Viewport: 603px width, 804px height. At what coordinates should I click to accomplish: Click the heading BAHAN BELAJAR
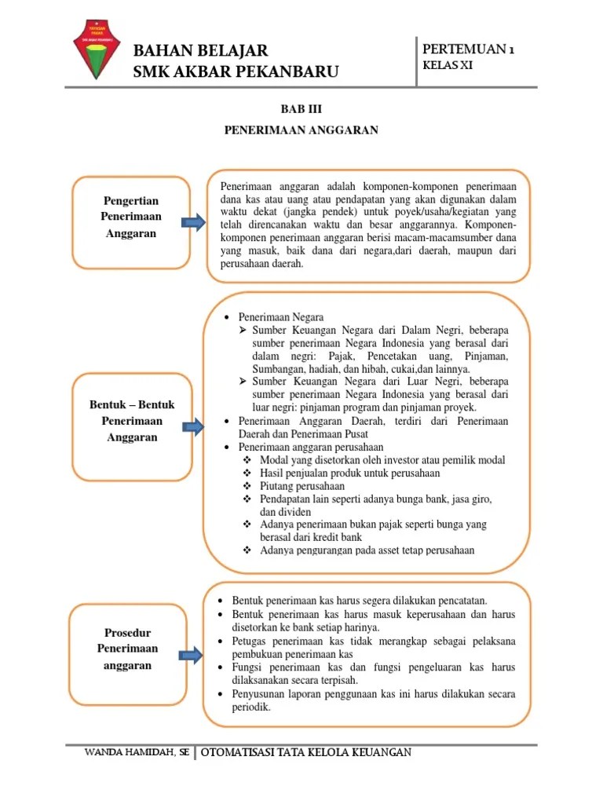(201, 51)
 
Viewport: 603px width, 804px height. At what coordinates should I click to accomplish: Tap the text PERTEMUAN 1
(468, 49)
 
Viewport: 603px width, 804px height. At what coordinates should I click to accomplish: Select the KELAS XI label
(448, 66)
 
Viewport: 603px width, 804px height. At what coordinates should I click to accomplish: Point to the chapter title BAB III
(301, 109)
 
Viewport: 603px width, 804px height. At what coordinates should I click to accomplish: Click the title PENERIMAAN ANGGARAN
(301, 130)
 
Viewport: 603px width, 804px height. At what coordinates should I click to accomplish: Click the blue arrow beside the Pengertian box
(194, 224)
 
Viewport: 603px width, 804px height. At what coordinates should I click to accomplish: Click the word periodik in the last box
(251, 707)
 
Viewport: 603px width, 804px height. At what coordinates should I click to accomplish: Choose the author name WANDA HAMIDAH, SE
(137, 753)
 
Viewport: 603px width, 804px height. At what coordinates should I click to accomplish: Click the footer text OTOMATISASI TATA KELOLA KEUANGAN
(307, 753)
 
